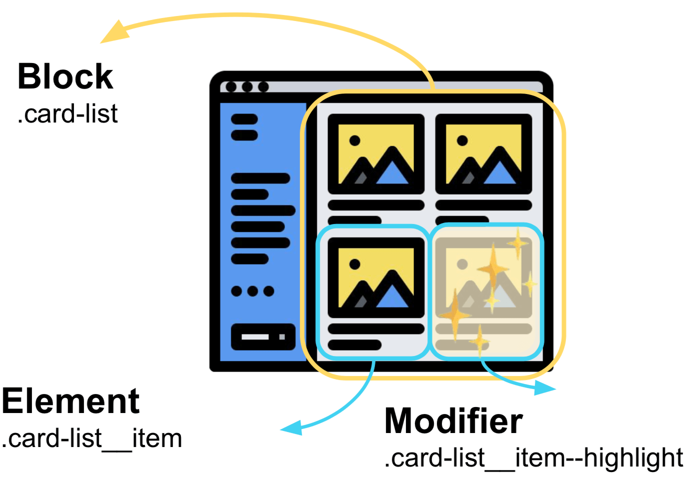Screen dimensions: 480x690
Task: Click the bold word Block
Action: click(65, 77)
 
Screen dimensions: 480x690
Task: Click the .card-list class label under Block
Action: click(68, 114)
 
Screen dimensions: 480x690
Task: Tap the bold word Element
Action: click(70, 401)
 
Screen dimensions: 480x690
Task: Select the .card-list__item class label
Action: click(92, 438)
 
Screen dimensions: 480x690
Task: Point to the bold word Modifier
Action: click(453, 421)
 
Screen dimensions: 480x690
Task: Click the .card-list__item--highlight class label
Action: click(533, 457)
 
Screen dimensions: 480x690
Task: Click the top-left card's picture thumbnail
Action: click(376, 154)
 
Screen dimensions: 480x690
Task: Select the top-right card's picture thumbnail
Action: click(483, 154)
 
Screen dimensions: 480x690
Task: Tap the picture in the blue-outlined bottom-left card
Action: click(376, 277)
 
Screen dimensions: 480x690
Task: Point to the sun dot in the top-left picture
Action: click(355, 140)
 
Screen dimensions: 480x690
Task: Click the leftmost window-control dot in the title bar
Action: click(231, 87)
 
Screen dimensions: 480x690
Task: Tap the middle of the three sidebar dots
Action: click(252, 291)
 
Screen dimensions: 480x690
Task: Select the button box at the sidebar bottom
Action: click(263, 337)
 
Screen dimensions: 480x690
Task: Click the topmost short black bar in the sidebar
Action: click(244, 119)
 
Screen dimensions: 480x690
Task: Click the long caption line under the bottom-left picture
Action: click(376, 329)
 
